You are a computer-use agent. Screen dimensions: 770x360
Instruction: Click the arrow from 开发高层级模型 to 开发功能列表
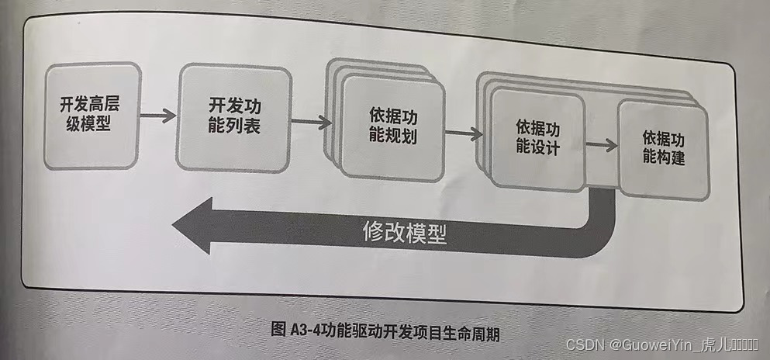tap(158, 116)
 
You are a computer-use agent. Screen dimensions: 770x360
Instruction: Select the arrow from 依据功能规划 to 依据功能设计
tap(464, 133)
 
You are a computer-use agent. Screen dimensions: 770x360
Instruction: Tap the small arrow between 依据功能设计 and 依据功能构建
tap(601, 145)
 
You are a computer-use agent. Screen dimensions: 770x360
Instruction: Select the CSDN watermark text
tap(585, 344)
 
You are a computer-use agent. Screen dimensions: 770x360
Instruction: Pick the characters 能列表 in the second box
tap(234, 126)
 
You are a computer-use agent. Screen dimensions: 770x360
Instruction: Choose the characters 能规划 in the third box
tap(391, 137)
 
